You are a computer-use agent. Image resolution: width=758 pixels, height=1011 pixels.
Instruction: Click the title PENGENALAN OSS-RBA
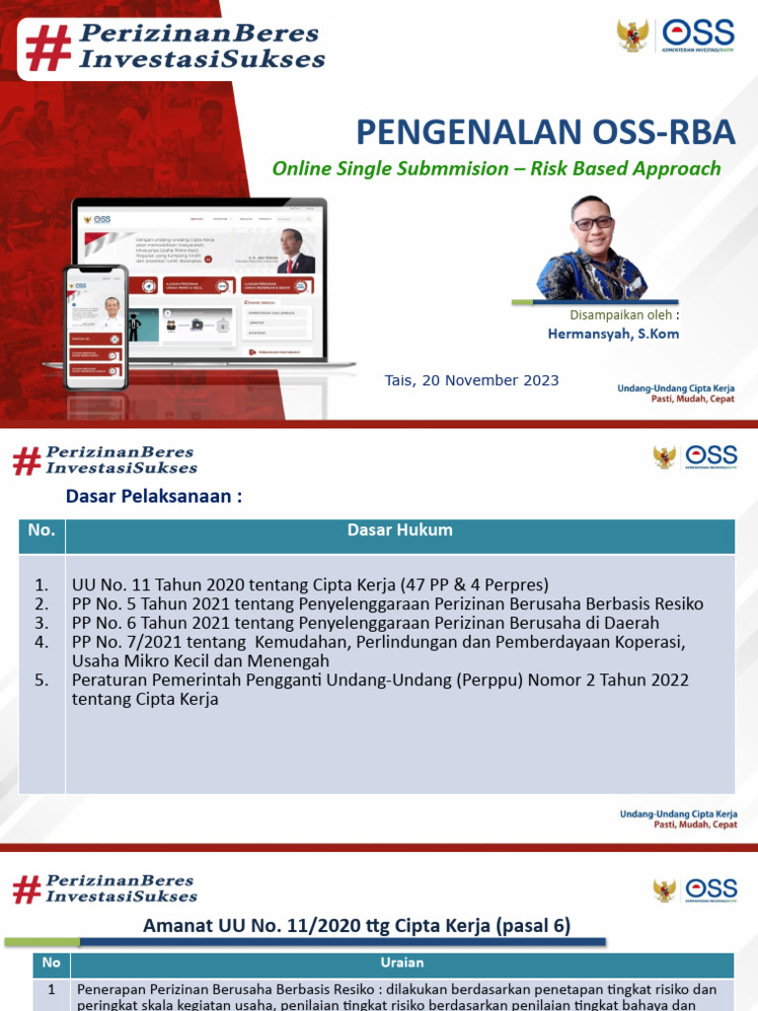(x=545, y=131)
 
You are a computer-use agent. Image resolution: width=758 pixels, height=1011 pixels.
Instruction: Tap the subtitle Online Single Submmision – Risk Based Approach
(x=496, y=168)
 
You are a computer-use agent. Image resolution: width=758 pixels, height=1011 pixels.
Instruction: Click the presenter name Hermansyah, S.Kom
(x=613, y=334)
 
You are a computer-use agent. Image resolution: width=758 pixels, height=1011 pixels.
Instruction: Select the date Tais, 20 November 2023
(x=472, y=380)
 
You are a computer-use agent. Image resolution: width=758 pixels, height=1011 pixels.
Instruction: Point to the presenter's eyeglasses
(x=592, y=223)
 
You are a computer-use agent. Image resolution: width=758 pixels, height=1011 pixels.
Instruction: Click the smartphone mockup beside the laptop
(x=96, y=326)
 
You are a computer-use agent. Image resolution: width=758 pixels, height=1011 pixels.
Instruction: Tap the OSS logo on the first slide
(x=699, y=38)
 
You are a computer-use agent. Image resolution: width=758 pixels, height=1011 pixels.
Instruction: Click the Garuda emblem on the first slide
(x=632, y=36)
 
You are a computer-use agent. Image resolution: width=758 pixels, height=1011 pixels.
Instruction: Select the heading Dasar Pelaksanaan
(x=154, y=497)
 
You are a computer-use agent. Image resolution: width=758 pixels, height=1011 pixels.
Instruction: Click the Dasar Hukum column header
(x=400, y=530)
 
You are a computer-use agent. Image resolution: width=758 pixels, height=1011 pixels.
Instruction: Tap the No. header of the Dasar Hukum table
(x=41, y=530)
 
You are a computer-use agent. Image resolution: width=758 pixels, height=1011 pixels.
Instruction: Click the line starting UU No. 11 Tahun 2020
(x=310, y=584)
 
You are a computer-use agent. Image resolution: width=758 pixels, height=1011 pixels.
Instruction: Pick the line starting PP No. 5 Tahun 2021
(x=387, y=603)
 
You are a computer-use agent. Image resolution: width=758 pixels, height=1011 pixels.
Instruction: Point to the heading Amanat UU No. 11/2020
(x=356, y=925)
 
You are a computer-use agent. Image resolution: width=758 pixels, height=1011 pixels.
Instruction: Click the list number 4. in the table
(x=41, y=642)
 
